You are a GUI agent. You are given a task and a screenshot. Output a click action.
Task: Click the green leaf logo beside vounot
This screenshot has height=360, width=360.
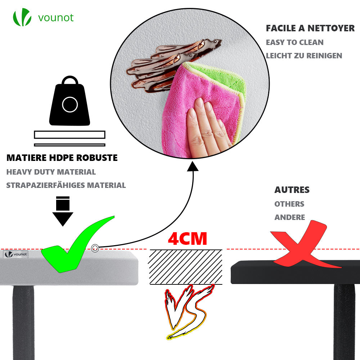tap(22, 17)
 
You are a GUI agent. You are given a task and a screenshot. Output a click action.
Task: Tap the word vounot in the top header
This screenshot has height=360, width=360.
tap(55, 17)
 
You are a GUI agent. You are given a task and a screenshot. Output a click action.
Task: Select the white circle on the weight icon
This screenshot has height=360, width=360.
tap(69, 105)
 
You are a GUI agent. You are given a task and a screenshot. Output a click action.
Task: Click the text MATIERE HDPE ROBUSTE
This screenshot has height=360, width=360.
tap(62, 158)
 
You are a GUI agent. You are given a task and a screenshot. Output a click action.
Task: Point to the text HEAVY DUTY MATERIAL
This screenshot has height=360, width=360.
tap(51, 172)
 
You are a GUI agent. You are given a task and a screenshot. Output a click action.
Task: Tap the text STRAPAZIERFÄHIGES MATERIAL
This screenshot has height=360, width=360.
tap(66, 185)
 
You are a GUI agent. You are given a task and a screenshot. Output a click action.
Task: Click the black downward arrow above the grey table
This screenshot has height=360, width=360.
tap(63, 211)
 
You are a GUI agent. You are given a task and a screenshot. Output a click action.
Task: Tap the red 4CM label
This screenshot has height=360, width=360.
tap(188, 239)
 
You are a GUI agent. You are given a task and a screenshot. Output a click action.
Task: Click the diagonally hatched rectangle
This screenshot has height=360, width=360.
tap(186, 267)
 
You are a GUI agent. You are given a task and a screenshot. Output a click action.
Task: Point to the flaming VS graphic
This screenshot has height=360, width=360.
tap(186, 311)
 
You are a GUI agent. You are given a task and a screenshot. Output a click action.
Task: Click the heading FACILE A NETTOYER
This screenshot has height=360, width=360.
tap(310, 28)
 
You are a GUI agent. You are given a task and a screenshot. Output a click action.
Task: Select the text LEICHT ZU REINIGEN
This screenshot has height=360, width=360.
tap(304, 56)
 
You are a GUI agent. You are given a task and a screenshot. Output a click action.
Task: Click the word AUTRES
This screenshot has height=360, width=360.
tap(292, 190)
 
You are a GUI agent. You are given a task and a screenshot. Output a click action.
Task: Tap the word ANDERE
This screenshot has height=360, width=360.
tap(289, 217)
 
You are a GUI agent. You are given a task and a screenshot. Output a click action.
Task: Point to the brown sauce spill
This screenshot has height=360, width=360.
tap(169, 63)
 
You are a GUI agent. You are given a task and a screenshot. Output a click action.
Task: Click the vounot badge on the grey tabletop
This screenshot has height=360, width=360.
tap(16, 254)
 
